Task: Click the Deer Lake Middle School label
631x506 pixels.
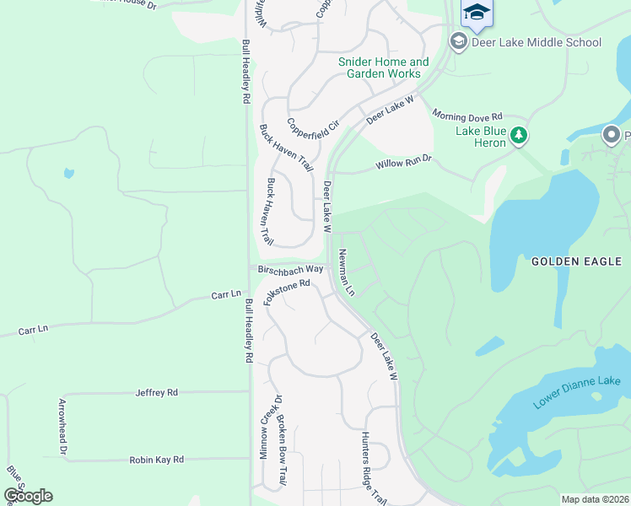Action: coord(537,42)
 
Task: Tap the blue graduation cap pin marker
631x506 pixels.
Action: coord(477,12)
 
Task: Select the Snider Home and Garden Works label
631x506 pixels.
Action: coord(383,67)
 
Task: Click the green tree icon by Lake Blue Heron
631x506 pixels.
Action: coord(520,135)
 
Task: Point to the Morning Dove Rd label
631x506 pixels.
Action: coord(467,115)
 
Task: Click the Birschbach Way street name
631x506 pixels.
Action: coord(291,269)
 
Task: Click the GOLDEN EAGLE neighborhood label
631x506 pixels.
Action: coord(576,262)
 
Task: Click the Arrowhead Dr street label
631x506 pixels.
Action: coord(62,427)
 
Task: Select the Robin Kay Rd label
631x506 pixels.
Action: coord(156,460)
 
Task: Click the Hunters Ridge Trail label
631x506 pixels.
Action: coord(372,469)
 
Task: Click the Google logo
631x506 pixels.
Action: coord(28,495)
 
